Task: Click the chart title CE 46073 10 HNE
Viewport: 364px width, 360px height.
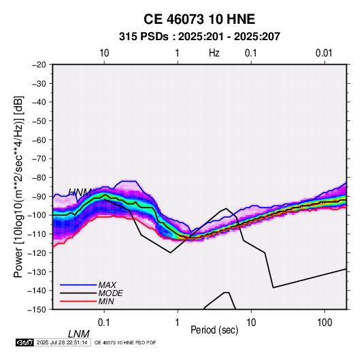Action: [199, 19]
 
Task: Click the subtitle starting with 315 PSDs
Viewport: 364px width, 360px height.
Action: [199, 37]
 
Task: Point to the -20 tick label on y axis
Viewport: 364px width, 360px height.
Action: [39, 65]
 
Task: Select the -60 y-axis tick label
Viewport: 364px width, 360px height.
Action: [39, 140]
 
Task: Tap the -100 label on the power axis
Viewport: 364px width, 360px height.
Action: [37, 215]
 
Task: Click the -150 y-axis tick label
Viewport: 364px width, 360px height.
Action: [37, 310]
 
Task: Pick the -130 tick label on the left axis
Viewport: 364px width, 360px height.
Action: [37, 272]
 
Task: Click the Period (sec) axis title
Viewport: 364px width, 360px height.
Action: [214, 330]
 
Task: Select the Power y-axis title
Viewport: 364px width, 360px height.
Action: [18, 187]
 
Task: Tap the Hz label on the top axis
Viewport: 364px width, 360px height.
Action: [214, 53]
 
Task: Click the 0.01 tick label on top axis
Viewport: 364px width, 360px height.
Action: [324, 53]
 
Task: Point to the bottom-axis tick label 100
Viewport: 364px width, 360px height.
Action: [325, 323]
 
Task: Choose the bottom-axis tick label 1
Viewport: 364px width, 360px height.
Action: [178, 323]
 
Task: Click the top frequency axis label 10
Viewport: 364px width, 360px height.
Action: [104, 53]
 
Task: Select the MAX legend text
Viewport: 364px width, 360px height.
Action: [107, 285]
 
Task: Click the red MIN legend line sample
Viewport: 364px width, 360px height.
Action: [78, 301]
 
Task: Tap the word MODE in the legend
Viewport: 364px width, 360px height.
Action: [110, 293]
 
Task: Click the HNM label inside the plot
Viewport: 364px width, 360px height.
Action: [80, 193]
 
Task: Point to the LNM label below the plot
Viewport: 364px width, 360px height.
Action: [79, 334]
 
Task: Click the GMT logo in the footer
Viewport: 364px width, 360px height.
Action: [25, 342]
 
